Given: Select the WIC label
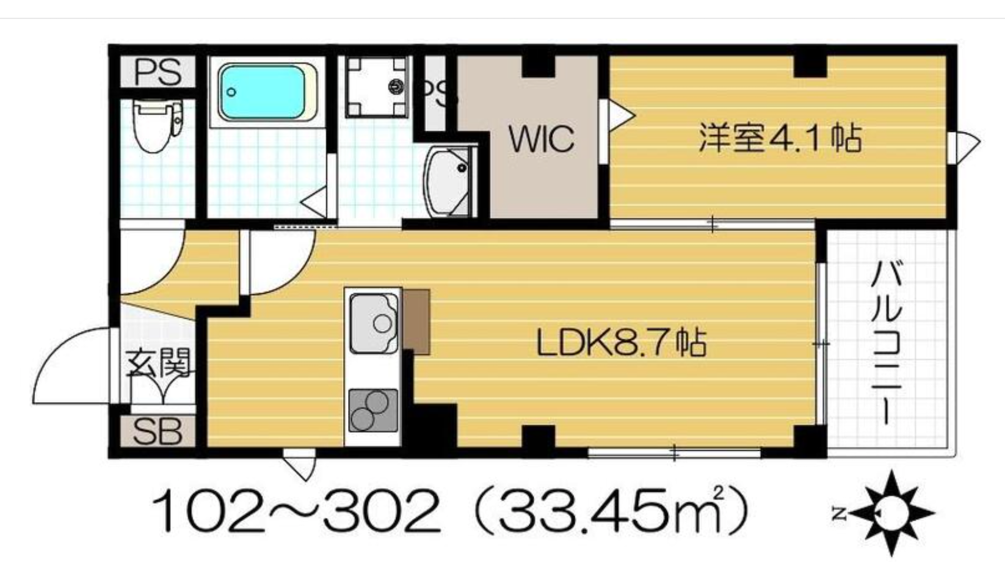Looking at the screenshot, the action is (x=542, y=139).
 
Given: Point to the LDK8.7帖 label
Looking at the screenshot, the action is (x=622, y=343).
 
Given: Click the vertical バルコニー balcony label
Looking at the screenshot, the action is (x=887, y=343).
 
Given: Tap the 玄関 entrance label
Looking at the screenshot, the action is (x=158, y=363).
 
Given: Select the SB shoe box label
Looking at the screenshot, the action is (x=158, y=431).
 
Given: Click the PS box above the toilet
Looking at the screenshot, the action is (x=158, y=72).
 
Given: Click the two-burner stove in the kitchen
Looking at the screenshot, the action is (x=373, y=411).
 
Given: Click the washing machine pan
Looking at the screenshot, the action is (x=377, y=87).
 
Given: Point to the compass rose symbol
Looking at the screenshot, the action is (x=891, y=513).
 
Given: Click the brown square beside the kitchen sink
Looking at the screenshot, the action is (x=416, y=321).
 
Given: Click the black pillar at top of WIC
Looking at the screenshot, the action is (x=539, y=66).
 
